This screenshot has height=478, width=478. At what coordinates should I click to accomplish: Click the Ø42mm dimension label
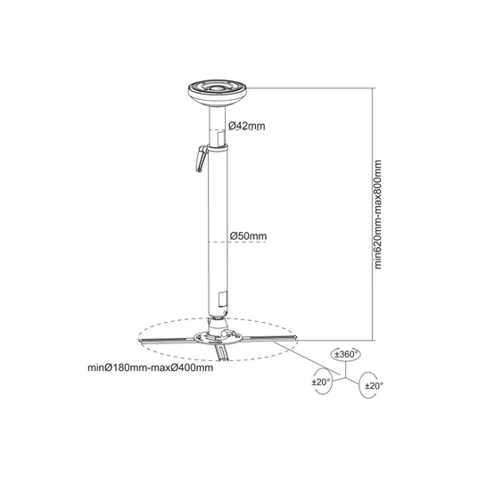pos(247,126)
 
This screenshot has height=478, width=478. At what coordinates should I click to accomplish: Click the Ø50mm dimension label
pos(248,236)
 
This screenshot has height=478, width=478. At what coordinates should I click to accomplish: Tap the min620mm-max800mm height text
pos(378,215)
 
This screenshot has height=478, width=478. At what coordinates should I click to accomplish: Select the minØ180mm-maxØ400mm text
pos(151,367)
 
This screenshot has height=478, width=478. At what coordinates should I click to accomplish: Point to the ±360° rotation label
pos(345,355)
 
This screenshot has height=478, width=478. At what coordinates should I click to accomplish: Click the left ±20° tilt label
pos(321,382)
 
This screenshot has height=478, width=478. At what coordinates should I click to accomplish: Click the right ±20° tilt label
pos(374,386)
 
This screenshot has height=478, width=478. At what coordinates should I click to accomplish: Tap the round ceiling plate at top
pos(218,92)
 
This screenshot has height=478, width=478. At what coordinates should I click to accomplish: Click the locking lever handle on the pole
pos(202,159)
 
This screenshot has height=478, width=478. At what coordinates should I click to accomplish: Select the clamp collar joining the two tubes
pos(218,148)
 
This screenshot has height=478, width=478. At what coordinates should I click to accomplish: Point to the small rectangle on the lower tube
pos(223,299)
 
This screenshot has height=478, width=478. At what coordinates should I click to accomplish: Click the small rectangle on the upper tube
pos(221,137)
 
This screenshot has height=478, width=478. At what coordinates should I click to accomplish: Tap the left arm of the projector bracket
pos(167,340)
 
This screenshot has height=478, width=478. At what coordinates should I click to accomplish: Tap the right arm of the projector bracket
pos(269,338)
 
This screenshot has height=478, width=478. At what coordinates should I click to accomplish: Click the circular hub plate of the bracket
pos(218,338)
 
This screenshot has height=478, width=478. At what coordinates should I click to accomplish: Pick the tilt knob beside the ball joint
pos(225,333)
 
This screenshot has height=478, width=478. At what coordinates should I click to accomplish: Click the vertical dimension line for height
pos(373,214)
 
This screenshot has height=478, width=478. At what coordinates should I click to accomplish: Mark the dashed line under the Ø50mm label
pos(237,242)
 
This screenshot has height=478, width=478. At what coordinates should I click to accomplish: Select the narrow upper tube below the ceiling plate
pos(218,126)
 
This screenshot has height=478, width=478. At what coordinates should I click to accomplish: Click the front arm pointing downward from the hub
pos(222,352)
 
